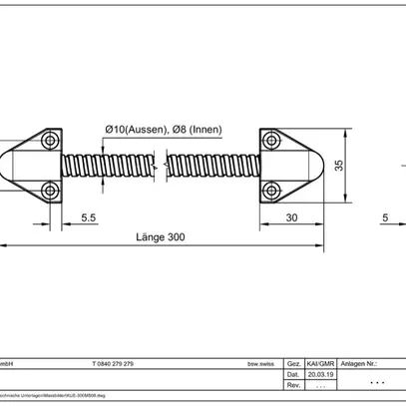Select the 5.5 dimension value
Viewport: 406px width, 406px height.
pos(88,216)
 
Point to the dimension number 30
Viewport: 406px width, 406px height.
pos(290,216)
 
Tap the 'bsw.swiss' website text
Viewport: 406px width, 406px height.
pos(260,364)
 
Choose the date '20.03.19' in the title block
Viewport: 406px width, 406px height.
pos(318,374)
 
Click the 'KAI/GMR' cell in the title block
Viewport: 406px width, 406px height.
pos(318,364)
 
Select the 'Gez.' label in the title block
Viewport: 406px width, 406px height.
pos(293,364)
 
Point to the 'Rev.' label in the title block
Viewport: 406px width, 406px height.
pos(293,384)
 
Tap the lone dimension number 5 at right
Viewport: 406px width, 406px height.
pos(385,216)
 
